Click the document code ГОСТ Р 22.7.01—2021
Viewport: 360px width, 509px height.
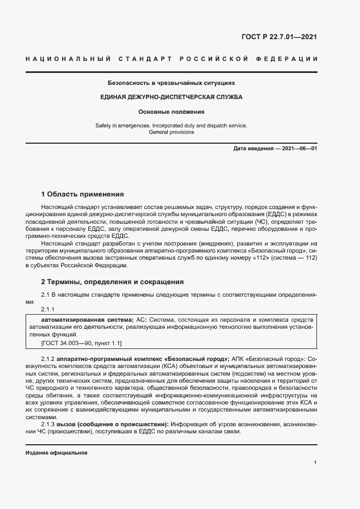[279, 38]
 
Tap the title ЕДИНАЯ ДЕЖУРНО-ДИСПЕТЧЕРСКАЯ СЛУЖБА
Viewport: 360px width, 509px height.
[171, 97]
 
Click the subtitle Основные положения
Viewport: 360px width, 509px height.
[171, 112]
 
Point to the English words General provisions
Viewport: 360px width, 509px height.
[171, 132]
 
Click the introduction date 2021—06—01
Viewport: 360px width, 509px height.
[297, 149]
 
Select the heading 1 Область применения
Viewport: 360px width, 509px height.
[83, 194]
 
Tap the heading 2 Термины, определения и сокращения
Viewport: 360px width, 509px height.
[113, 282]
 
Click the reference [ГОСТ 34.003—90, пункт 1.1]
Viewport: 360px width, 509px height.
[81, 343]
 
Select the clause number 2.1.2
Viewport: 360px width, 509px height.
[48, 359]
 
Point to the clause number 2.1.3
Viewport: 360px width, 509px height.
[48, 424]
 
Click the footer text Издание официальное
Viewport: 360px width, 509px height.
[57, 453]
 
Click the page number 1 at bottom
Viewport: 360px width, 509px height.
[315, 462]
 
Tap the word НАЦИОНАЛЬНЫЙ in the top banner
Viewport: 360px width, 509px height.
[69, 59]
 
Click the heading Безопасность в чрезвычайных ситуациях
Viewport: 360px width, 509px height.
[171, 83]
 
